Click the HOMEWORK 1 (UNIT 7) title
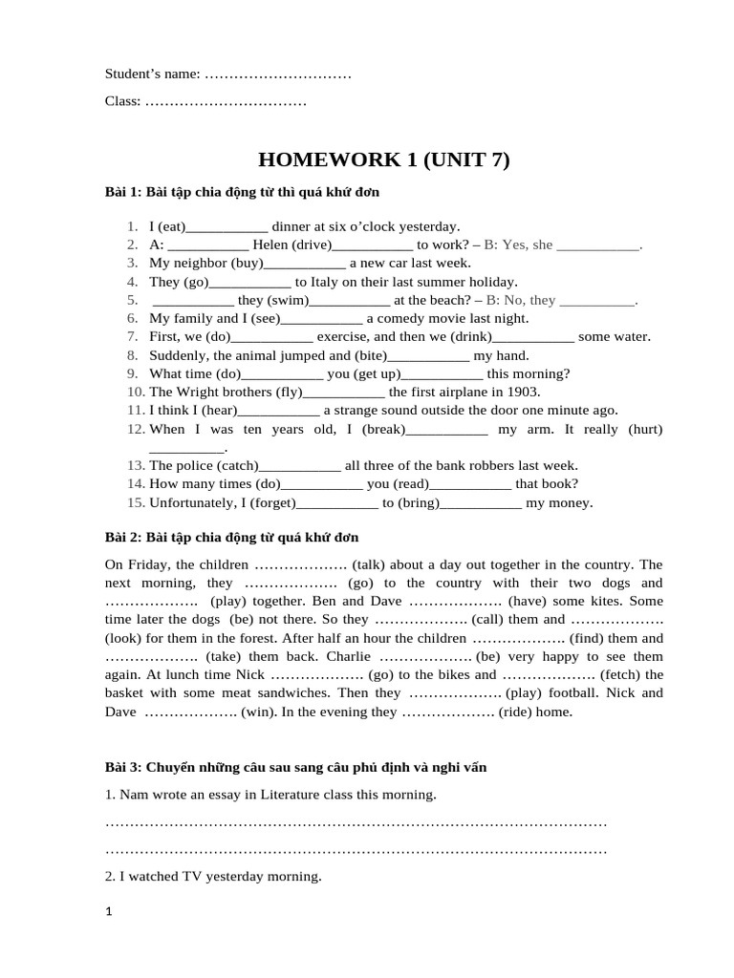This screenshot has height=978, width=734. click(384, 160)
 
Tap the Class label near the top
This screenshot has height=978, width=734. click(122, 101)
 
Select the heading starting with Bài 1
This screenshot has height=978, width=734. click(242, 192)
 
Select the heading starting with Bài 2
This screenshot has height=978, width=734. click(231, 538)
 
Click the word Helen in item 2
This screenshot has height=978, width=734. click(271, 244)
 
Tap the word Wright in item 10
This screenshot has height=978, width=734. click(199, 392)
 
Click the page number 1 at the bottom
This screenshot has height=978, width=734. click(109, 913)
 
